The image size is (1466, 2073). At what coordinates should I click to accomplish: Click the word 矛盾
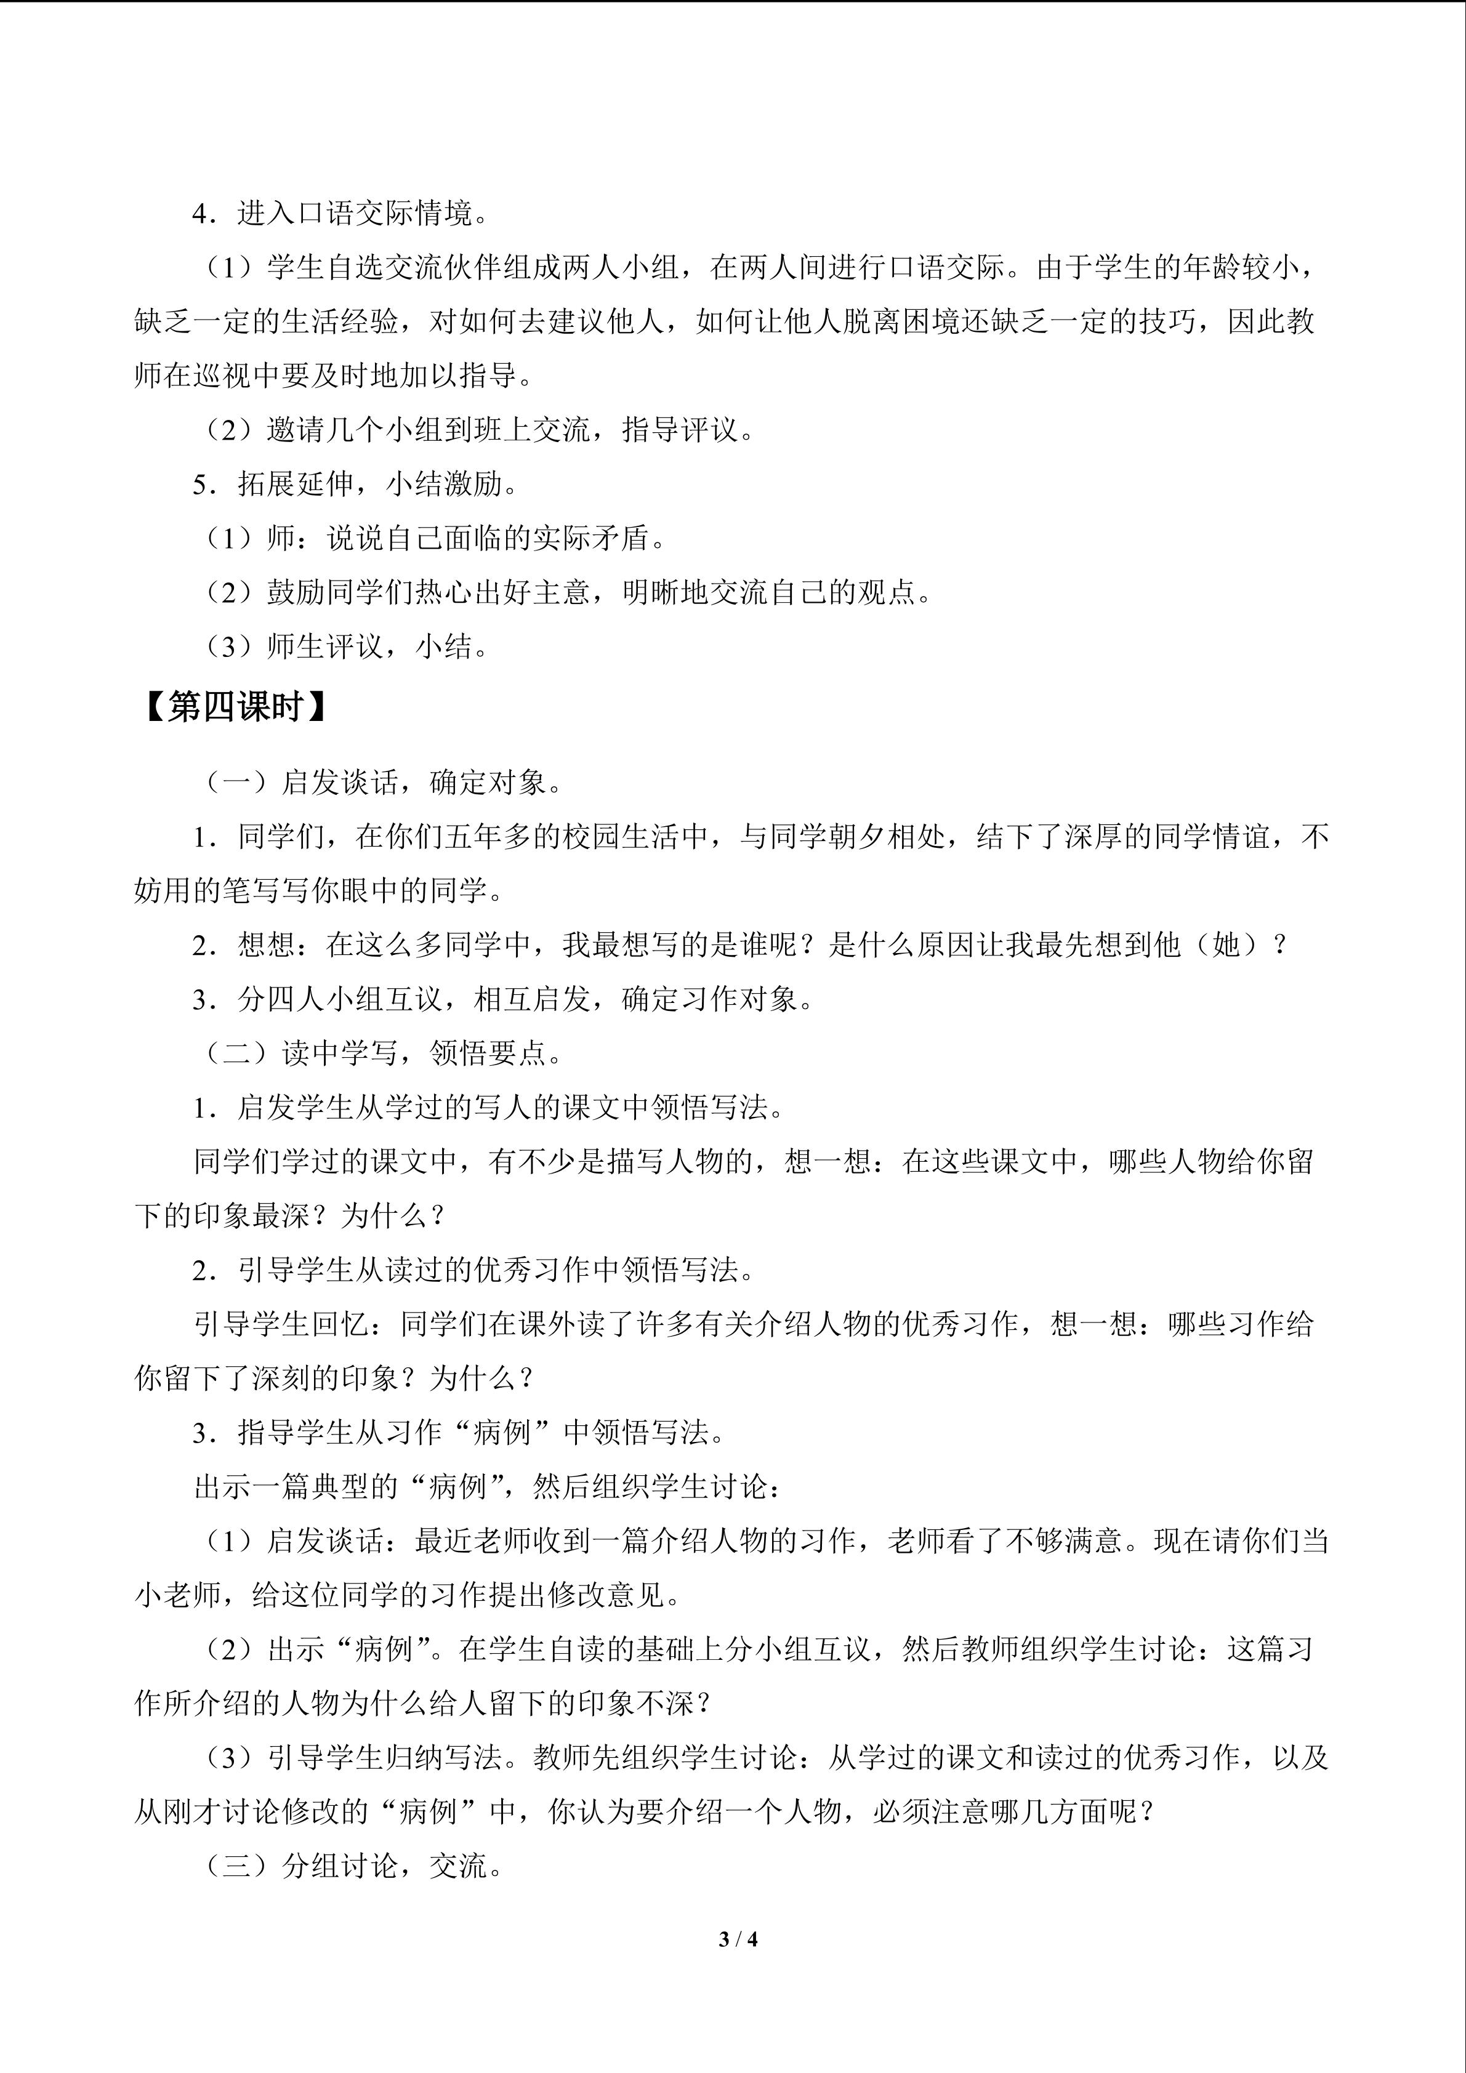621,538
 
